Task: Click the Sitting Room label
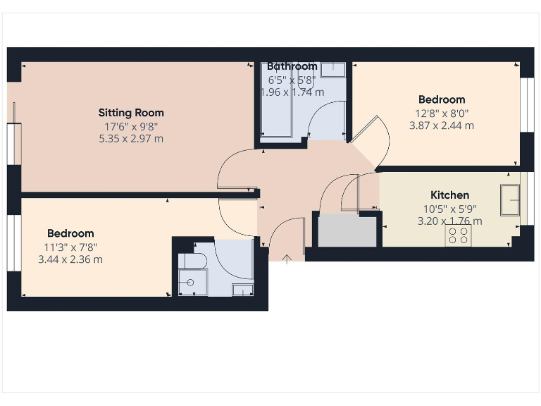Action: click(x=130, y=113)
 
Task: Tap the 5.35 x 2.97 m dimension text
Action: click(x=130, y=139)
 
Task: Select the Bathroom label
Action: click(x=292, y=66)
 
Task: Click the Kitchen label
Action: click(x=449, y=195)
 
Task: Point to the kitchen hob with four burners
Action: click(x=458, y=236)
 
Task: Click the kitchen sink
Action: click(x=509, y=200)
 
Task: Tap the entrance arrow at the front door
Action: click(x=287, y=259)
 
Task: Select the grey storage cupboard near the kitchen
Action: click(x=347, y=230)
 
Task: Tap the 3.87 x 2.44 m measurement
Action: click(x=441, y=125)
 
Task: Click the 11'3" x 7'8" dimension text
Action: click(x=70, y=247)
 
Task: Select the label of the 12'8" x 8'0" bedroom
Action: click(x=441, y=100)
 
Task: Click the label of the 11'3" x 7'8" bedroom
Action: click(x=70, y=233)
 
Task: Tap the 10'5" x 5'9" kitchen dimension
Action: click(x=449, y=209)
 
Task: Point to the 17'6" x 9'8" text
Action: click(x=130, y=127)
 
